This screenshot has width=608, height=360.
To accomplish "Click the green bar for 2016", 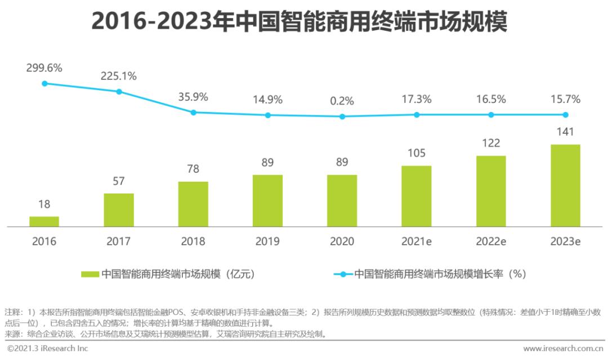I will click(x=44, y=222).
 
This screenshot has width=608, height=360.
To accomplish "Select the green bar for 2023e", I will click(x=565, y=186).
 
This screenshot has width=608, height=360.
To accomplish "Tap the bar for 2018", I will click(x=193, y=204).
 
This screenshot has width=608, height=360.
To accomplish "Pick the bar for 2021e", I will click(x=417, y=196).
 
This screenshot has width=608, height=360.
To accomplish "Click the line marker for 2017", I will click(x=119, y=91).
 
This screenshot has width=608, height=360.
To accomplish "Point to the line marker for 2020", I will click(x=342, y=116).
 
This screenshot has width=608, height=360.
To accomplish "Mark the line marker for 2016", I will click(x=44, y=83).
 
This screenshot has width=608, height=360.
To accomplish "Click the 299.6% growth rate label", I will click(x=44, y=67).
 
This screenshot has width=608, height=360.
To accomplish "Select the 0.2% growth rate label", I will click(x=342, y=101).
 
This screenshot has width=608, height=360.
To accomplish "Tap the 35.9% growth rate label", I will click(x=193, y=97).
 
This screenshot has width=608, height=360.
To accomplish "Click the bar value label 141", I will click(x=565, y=132).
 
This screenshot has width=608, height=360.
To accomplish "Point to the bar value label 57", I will click(x=119, y=181).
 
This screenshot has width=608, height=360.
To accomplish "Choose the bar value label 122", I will click(x=490, y=143).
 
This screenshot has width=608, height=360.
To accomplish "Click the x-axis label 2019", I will click(x=267, y=241).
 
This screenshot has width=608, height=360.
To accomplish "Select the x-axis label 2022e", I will click(x=490, y=241).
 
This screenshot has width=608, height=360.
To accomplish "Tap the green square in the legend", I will click(x=90, y=274).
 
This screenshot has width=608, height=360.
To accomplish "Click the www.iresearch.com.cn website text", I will click(x=563, y=349).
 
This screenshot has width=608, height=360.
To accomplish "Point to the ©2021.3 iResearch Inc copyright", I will click(x=48, y=349).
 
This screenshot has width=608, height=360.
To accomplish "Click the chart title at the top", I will click(x=299, y=22).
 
